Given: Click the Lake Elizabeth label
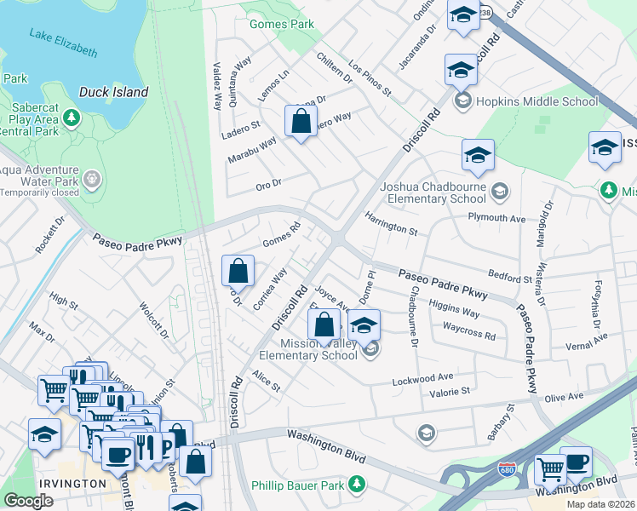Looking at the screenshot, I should pyautogui.click(x=63, y=43).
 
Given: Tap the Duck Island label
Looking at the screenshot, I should pyautogui.click(x=113, y=92).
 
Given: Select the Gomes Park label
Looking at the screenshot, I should pyautogui.click(x=282, y=24).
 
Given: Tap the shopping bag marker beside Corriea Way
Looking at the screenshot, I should pyautogui.click(x=238, y=271).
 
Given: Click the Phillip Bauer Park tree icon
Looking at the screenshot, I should pyautogui.click(x=359, y=484).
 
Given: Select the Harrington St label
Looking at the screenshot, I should pyautogui.click(x=391, y=225).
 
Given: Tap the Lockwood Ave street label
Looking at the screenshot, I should pyautogui.click(x=422, y=377).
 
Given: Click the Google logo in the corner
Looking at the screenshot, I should pyautogui.click(x=28, y=501).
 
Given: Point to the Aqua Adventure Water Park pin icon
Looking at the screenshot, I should pyautogui.click(x=92, y=180).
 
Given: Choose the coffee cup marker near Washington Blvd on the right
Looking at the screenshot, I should pyautogui.click(x=576, y=462).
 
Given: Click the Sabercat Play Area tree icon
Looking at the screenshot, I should pyautogui.click(x=72, y=116).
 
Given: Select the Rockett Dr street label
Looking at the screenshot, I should pyautogui.click(x=50, y=235).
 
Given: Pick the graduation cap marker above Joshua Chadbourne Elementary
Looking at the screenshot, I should pyautogui.click(x=478, y=155).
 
